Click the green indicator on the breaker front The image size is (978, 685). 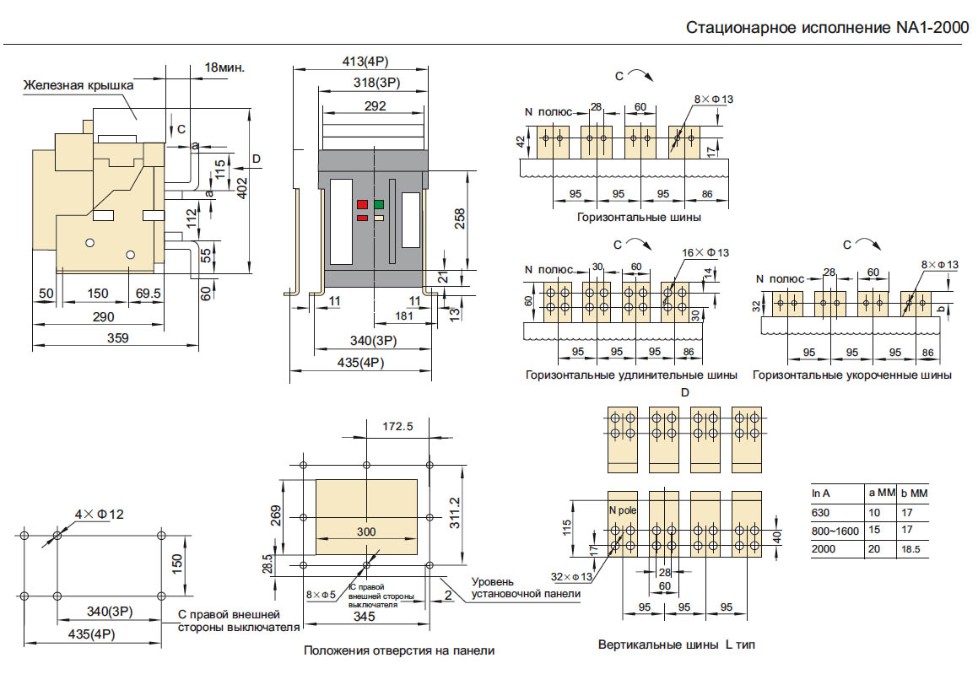coord(379,204)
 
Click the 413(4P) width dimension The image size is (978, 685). coord(365,62)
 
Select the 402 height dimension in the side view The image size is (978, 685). coord(242,188)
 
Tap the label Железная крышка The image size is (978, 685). coord(78,85)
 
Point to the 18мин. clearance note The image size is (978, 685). coord(224,67)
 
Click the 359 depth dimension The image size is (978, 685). coord(118,337)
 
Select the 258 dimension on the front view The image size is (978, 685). coord(460,218)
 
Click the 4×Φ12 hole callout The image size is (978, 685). coord(100,515)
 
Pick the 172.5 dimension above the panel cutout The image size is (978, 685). coord(398,426)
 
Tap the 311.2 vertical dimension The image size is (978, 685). coord(456,512)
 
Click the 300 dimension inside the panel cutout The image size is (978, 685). coord(366,531)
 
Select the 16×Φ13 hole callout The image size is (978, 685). coord(705,252)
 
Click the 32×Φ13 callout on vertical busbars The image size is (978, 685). coord(571,576)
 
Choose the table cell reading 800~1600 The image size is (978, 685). coord(835,531)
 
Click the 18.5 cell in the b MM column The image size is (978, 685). coord(910,549)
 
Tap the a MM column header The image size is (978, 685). coord(882,493)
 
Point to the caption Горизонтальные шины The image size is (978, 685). coord(639,217)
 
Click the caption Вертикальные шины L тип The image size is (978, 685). coord(676,645)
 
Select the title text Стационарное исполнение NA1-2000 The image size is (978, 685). coord(828,28)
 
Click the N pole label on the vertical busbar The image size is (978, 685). coord(623,510)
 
